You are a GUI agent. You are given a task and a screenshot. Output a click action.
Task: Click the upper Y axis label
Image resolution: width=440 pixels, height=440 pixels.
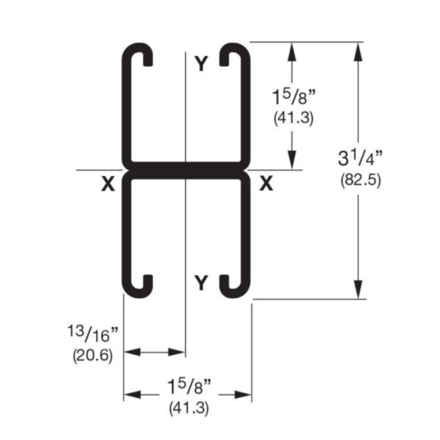pos(201,65)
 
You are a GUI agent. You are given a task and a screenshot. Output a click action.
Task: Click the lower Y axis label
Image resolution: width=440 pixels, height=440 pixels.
pos(201,281)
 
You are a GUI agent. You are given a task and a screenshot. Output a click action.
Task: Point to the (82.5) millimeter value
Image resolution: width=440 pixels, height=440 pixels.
pos(360,180)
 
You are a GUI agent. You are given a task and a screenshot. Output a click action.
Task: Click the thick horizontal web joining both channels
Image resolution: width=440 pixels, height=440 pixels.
pos(186,169)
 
